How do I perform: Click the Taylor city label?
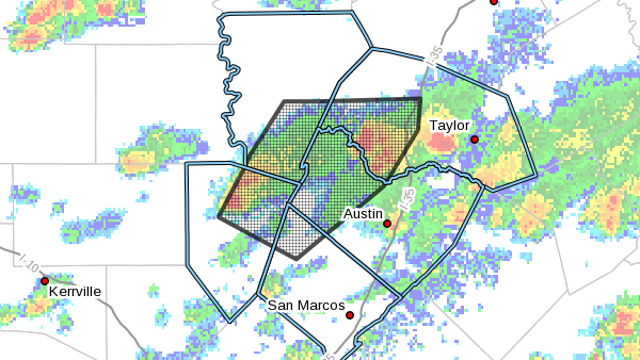(x=448, y=125)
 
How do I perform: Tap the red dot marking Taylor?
(x=475, y=139)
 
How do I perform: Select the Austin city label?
(x=363, y=213)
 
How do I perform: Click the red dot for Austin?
(x=387, y=224)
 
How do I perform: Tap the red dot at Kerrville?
(x=44, y=281)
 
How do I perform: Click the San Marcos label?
(x=305, y=305)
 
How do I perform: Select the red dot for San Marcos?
(x=350, y=315)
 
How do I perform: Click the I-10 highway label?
(x=25, y=262)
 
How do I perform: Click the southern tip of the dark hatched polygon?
(x=296, y=259)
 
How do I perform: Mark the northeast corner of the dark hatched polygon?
(x=420, y=98)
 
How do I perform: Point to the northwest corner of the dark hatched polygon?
(x=285, y=101)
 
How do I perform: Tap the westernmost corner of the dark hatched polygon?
(x=219, y=215)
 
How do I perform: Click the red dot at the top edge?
(x=493, y=2)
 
